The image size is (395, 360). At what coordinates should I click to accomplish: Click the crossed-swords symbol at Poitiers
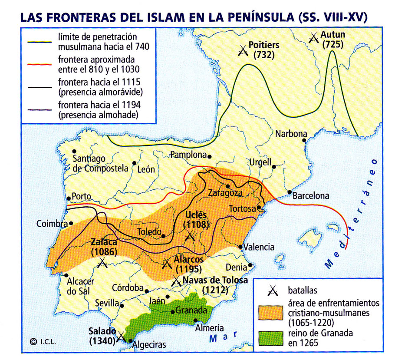tap(244, 51)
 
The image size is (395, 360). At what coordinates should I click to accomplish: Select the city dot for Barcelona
tap(290, 192)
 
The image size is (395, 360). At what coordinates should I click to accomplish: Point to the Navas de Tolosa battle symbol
tap(176, 281)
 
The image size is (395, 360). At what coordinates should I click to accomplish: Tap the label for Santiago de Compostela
tap(100, 163)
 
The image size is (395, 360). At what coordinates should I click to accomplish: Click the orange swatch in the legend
tap(272, 312)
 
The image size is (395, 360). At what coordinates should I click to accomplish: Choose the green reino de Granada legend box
tap(272, 338)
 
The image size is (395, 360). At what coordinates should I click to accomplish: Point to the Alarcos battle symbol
tap(167, 264)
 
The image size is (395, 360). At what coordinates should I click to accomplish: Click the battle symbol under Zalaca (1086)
tap(103, 262)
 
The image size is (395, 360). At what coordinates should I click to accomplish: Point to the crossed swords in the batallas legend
tap(272, 290)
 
